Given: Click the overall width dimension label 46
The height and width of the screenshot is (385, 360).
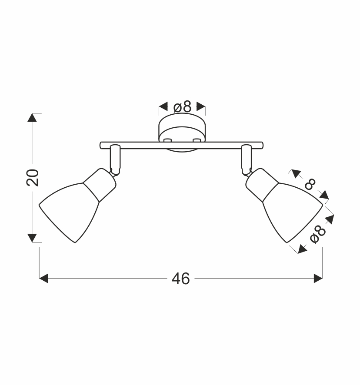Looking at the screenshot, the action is pyautogui.click(x=180, y=279).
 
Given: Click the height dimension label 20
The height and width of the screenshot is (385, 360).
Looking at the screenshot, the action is pyautogui.click(x=33, y=178).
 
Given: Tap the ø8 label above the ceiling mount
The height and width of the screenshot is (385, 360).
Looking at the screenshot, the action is pyautogui.click(x=182, y=107).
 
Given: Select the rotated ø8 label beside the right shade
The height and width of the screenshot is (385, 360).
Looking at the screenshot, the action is pyautogui.click(x=318, y=235).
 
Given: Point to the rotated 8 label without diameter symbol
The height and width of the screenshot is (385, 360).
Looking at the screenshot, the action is pyautogui.click(x=310, y=184).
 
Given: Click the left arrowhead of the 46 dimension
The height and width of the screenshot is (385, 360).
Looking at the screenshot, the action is pyautogui.click(x=43, y=279).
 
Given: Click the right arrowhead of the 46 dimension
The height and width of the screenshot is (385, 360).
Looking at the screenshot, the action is pyautogui.click(x=318, y=279).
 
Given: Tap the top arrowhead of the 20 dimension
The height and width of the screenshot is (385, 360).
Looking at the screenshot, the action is pyautogui.click(x=32, y=117).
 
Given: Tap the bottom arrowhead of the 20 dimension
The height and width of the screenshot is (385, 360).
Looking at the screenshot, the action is pyautogui.click(x=32, y=238).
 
